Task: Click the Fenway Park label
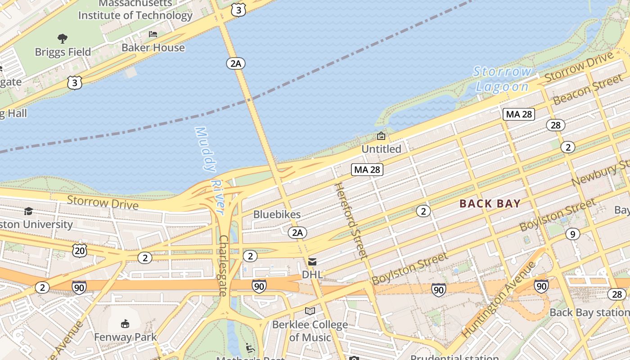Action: [x=125, y=337]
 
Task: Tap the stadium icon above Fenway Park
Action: [x=125, y=324]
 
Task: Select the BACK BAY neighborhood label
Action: [x=490, y=204]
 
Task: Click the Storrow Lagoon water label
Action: [x=502, y=79]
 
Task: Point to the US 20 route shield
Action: [x=80, y=250]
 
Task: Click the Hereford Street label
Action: [x=351, y=220]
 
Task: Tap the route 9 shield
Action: [x=572, y=234]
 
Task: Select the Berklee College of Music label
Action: [x=310, y=331]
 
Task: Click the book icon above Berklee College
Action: [x=310, y=311]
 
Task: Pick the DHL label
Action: [x=312, y=274]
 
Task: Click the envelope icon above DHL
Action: [x=312, y=262]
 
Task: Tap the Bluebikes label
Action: [x=277, y=215]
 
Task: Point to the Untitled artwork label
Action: [x=381, y=149]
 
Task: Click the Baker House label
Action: [x=153, y=48]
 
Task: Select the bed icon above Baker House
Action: [x=153, y=34]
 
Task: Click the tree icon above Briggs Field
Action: [x=63, y=39]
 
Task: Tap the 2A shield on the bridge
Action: [x=236, y=63]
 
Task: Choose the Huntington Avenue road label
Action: [x=499, y=299]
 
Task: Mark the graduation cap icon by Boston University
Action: [x=28, y=211]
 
